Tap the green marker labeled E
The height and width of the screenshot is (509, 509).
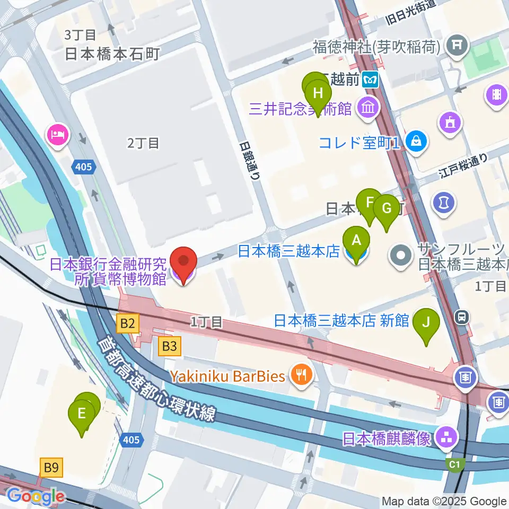[x=82, y=414]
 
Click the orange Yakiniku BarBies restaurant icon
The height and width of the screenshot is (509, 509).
[x=301, y=376]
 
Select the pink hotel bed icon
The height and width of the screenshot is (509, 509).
[x=57, y=134]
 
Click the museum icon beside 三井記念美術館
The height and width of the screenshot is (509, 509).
[x=367, y=109]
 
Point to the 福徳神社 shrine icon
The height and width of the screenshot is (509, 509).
[x=457, y=47]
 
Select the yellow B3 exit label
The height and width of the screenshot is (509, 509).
[x=169, y=347]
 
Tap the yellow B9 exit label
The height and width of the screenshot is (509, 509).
[x=51, y=467]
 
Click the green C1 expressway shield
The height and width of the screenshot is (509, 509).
[x=454, y=465]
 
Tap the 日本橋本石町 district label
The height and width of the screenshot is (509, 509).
[x=112, y=54]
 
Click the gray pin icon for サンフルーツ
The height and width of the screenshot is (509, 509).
[x=401, y=256]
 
